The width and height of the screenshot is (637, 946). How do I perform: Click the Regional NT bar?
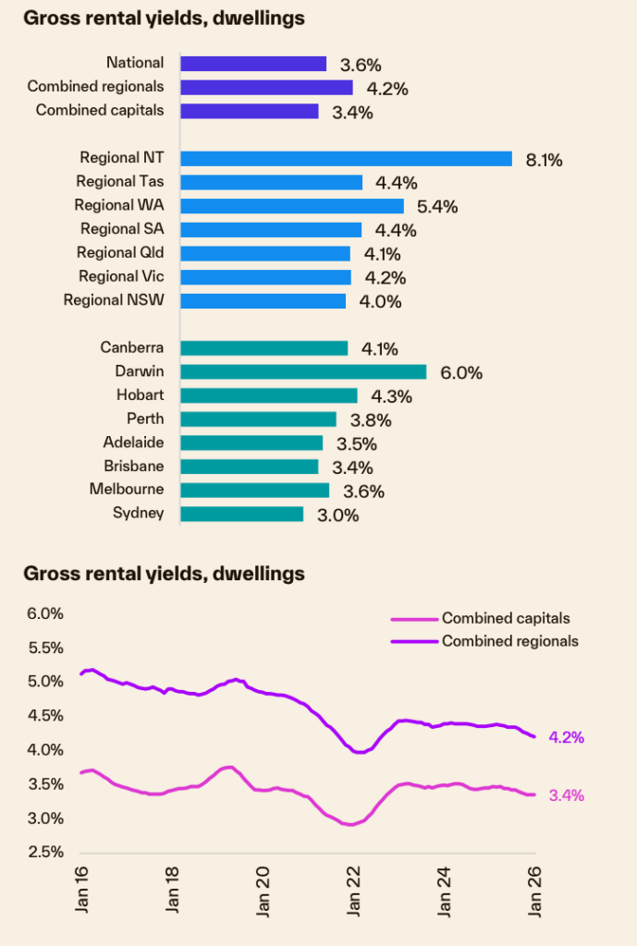(346, 158)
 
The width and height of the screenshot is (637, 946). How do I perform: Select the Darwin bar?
(303, 371)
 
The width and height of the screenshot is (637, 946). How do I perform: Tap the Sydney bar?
(241, 514)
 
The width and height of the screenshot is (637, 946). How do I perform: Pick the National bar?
(253, 64)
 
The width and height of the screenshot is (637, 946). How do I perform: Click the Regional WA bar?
(292, 206)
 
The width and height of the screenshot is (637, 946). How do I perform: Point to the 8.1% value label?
(544, 160)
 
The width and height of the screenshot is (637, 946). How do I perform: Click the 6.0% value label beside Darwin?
(462, 373)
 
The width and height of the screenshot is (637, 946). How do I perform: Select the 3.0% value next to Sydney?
(337, 515)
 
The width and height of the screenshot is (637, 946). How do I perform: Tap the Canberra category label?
(132, 347)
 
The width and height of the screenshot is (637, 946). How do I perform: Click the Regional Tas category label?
(120, 181)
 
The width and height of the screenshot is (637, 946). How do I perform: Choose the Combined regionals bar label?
(95, 87)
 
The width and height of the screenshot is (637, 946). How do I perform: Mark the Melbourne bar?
(254, 490)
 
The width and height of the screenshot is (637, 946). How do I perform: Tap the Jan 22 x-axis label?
(354, 891)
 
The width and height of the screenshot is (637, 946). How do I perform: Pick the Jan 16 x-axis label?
(81, 891)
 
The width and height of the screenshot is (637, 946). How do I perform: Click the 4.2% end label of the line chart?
(566, 737)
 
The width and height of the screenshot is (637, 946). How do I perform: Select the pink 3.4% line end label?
(566, 795)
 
